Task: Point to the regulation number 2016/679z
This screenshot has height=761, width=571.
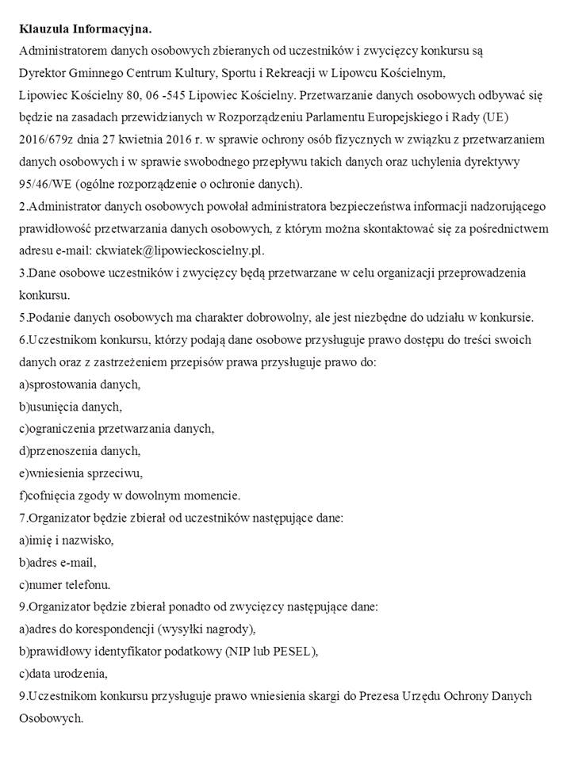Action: pyautogui.click(x=48, y=140)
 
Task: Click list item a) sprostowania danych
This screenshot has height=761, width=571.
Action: pyautogui.click(x=79, y=384)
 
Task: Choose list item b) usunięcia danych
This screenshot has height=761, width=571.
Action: pyautogui.click(x=70, y=407)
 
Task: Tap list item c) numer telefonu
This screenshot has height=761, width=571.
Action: pyautogui.click(x=65, y=584)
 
